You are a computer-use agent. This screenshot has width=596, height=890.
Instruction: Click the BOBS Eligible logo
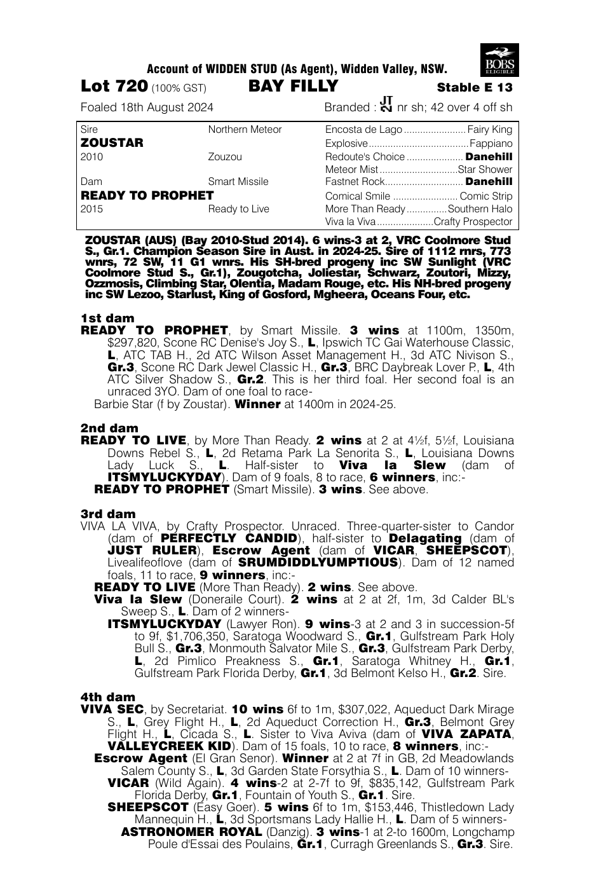500,60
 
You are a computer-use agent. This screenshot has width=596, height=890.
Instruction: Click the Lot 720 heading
114,86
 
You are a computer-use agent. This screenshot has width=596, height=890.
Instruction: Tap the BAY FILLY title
294,86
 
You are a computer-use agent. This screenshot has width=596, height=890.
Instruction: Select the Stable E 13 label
474,88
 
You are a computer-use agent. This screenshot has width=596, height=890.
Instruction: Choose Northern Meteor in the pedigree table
245,130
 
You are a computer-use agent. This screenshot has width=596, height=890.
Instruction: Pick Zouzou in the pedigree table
225,156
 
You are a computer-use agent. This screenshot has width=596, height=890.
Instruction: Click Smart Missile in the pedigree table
238,182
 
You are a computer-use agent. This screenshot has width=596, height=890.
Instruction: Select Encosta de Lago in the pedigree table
363,130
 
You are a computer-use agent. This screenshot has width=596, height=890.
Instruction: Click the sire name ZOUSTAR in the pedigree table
112,143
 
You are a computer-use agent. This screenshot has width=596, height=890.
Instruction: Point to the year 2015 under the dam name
91,209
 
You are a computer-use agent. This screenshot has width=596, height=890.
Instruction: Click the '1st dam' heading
107,318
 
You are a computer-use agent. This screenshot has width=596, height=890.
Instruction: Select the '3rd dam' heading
108,514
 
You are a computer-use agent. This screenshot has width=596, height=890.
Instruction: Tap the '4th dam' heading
108,697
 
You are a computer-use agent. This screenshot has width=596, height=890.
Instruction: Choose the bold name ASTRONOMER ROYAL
191,832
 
